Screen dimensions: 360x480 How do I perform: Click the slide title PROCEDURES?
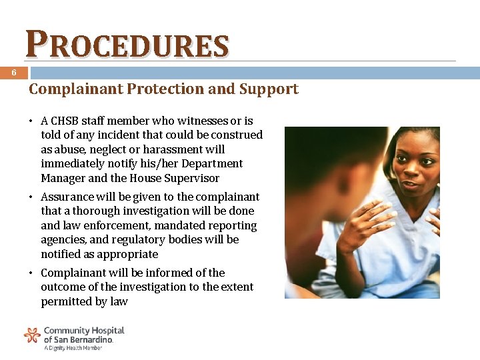[x=127, y=45]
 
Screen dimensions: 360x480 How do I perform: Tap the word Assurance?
[x=67, y=197]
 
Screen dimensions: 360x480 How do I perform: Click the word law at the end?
[x=119, y=301]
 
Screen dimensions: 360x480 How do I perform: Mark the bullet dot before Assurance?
[x=31, y=197]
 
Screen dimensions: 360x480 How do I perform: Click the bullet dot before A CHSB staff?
[x=31, y=122]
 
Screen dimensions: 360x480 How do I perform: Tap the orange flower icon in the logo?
[x=32, y=335]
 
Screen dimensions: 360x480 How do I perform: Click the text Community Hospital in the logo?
[x=84, y=331]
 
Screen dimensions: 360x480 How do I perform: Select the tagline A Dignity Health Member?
[x=73, y=348]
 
